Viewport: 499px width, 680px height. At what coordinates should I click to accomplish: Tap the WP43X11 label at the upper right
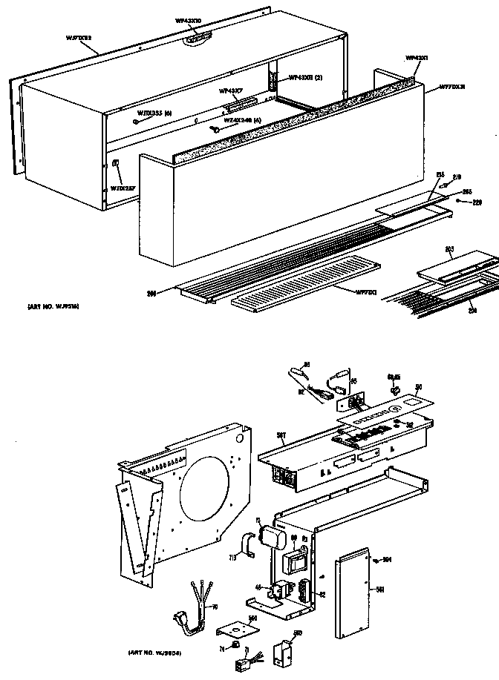417,57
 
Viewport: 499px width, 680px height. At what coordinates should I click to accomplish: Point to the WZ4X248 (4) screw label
243,120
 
